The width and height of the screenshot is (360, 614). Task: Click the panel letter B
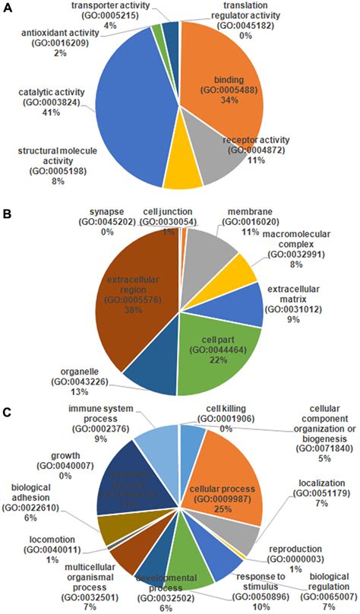pyautogui.click(x=8, y=215)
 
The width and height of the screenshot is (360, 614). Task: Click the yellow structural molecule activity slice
pyautogui.click(x=182, y=172)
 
